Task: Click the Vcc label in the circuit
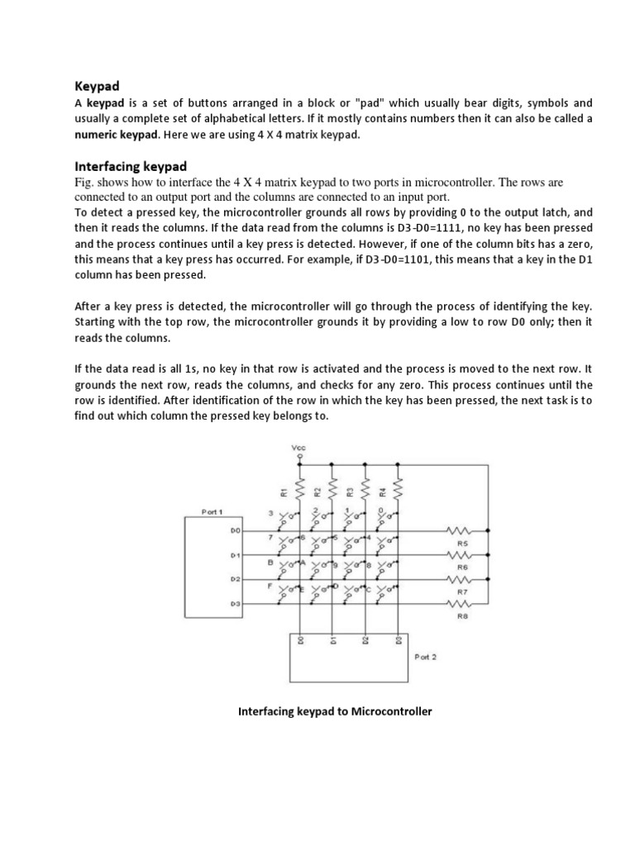point(298,447)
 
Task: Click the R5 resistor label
point(462,544)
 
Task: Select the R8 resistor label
point(462,615)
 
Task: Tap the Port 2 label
point(425,658)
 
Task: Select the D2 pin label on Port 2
point(365,641)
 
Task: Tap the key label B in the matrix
point(271,562)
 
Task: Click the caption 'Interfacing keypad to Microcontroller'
point(335,711)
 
